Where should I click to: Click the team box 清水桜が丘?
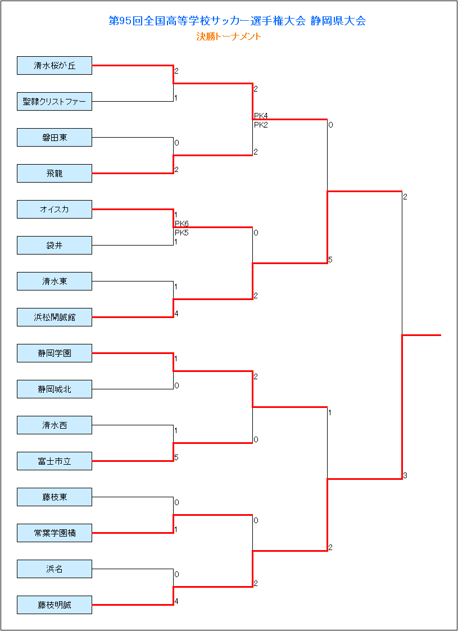click(x=55, y=66)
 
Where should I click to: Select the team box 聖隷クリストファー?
click(x=55, y=101)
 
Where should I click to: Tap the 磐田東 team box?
click(x=55, y=138)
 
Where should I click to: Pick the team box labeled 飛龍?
click(x=55, y=174)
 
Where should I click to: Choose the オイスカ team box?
click(x=55, y=210)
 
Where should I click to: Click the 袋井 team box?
click(x=55, y=246)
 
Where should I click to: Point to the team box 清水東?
click(x=55, y=282)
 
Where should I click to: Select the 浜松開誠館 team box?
click(x=55, y=317)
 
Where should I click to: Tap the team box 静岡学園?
click(x=55, y=353)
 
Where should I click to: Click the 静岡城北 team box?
click(x=55, y=389)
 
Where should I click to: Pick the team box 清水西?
click(x=55, y=425)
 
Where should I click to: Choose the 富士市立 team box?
click(x=55, y=461)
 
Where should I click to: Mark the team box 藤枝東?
click(x=55, y=497)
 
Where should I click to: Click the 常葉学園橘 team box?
click(x=55, y=533)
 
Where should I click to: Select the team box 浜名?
click(x=55, y=569)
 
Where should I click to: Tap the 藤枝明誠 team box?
click(x=55, y=605)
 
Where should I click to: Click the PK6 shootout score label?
click(x=182, y=224)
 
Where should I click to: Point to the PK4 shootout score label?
click(x=261, y=116)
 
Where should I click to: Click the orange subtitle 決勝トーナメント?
click(x=229, y=37)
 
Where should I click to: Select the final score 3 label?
click(x=405, y=476)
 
